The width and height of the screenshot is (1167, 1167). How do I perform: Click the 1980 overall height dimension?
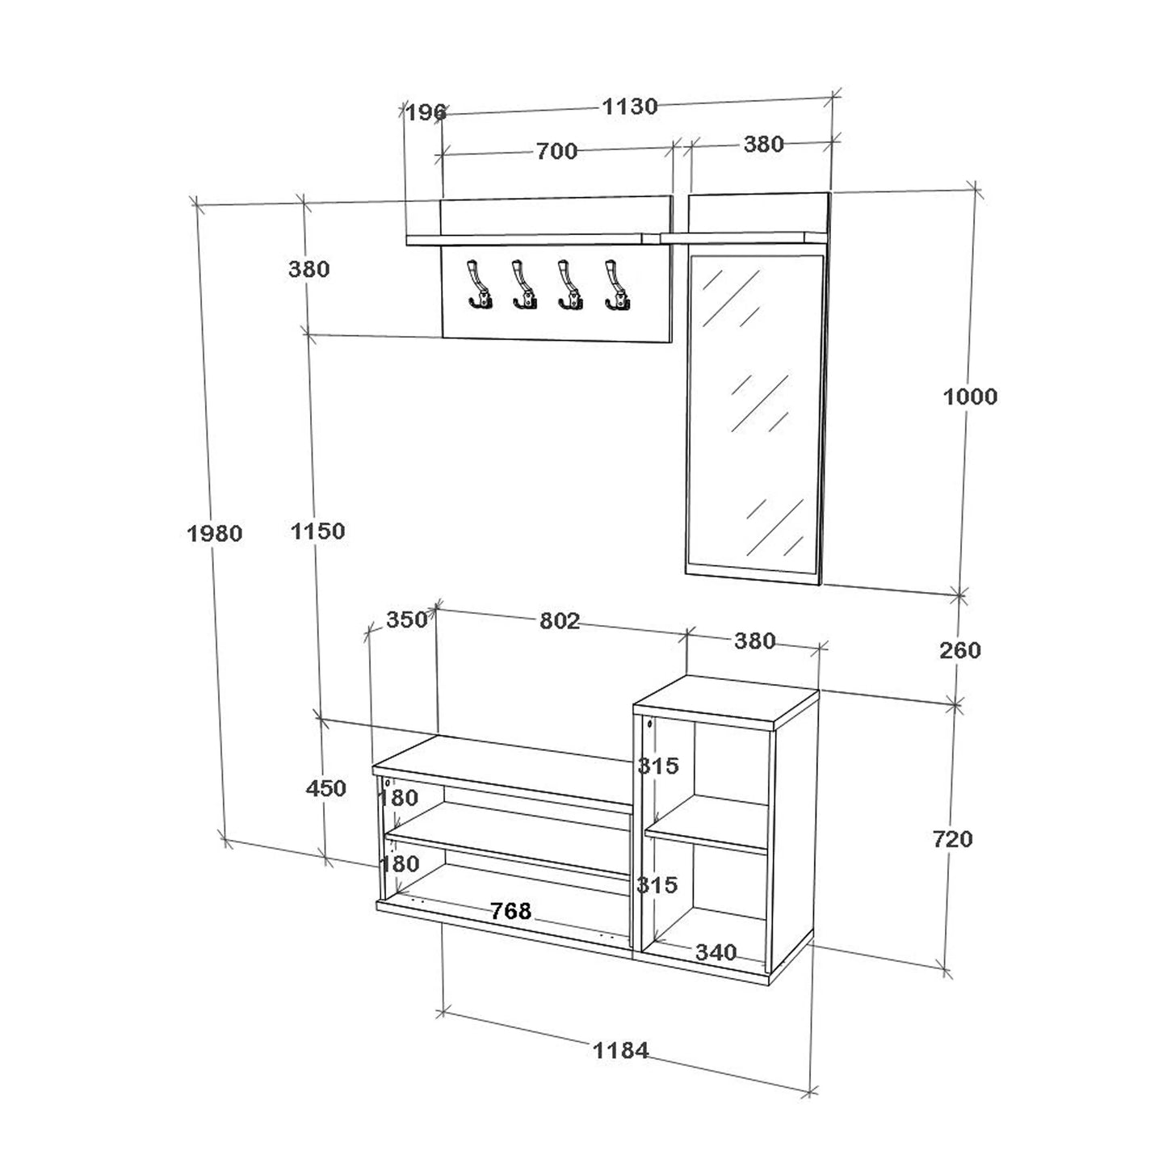coord(214,534)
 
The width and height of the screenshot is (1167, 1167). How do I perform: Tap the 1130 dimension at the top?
coord(630,107)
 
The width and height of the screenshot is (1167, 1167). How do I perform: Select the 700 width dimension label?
coord(556,151)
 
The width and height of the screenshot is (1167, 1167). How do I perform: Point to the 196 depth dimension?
coord(426,112)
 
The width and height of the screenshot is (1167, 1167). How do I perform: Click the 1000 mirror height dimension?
coord(970,397)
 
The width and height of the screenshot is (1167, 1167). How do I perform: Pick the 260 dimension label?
coord(960,650)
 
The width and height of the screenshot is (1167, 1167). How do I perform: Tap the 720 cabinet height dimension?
coord(952,839)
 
